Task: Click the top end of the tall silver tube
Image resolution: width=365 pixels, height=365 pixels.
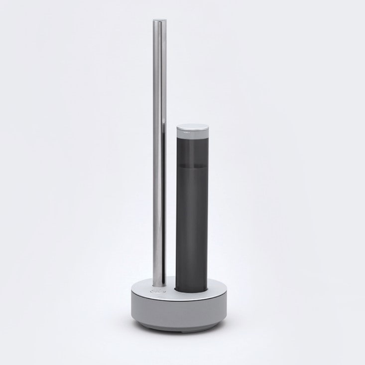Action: click(158, 21)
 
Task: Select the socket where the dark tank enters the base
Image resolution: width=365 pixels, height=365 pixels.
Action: click(192, 291)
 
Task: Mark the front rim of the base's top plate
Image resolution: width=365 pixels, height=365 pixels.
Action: click(174, 301)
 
